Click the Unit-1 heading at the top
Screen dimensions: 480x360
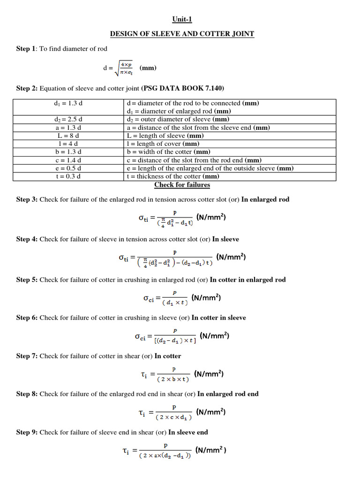[x=181, y=19]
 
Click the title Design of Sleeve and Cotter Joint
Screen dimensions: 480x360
[x=182, y=34]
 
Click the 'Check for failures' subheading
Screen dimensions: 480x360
[x=182, y=185]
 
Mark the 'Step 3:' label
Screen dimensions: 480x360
[x=27, y=200]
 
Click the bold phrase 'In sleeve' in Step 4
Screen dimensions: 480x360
[x=225, y=239]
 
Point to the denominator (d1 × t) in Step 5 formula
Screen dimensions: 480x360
[x=174, y=303]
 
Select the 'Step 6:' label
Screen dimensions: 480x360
[x=27, y=318]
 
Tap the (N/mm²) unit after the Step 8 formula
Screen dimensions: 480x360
[x=211, y=412]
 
